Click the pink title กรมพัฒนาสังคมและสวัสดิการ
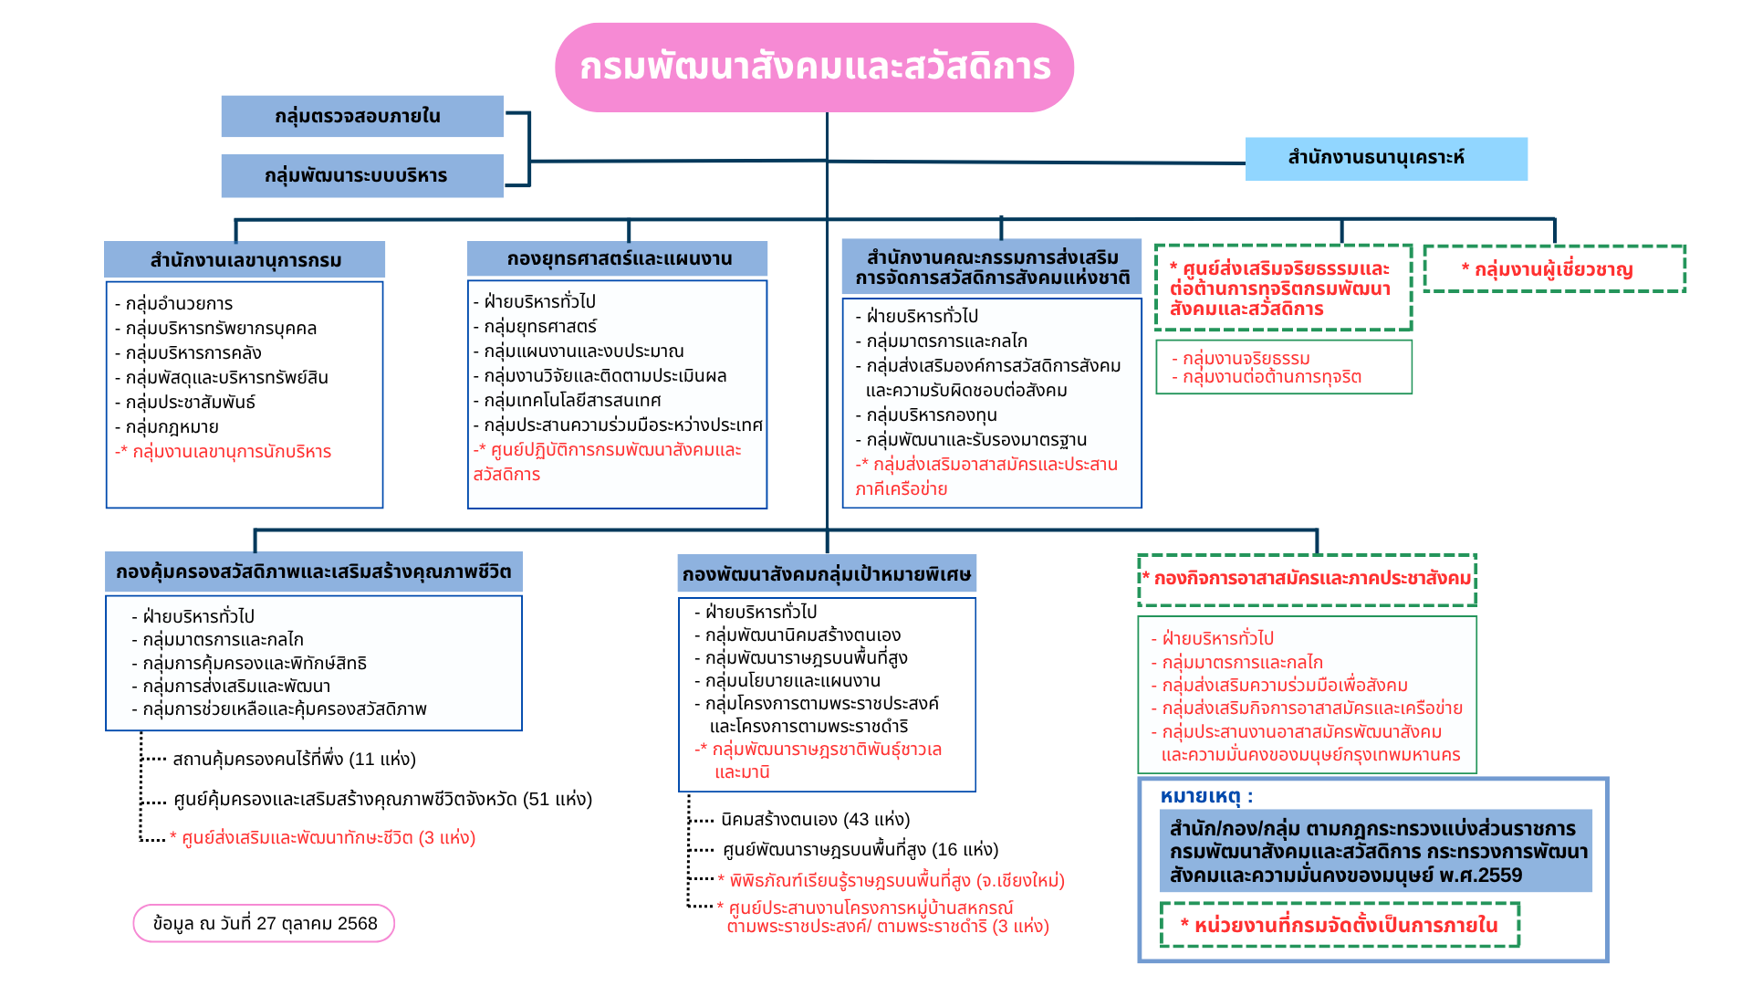[x=814, y=68]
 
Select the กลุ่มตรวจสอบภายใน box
[x=362, y=116]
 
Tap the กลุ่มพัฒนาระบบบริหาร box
[x=362, y=175]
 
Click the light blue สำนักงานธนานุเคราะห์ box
[x=1385, y=158]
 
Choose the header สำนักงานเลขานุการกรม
[x=245, y=260]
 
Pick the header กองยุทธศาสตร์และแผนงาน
[x=618, y=259]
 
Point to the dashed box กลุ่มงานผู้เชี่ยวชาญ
[x=1554, y=269]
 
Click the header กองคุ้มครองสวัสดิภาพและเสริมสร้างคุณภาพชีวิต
[x=313, y=572]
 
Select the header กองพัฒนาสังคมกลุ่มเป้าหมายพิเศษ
[x=827, y=574]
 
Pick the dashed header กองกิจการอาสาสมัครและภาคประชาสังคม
[x=1307, y=579]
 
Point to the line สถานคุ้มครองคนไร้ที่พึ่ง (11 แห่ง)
[x=294, y=760]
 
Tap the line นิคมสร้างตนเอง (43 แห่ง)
[x=815, y=820]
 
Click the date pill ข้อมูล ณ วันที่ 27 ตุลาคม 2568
[x=265, y=923]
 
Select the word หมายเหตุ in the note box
[x=1200, y=797]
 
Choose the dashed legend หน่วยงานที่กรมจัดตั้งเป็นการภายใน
[x=1340, y=926]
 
